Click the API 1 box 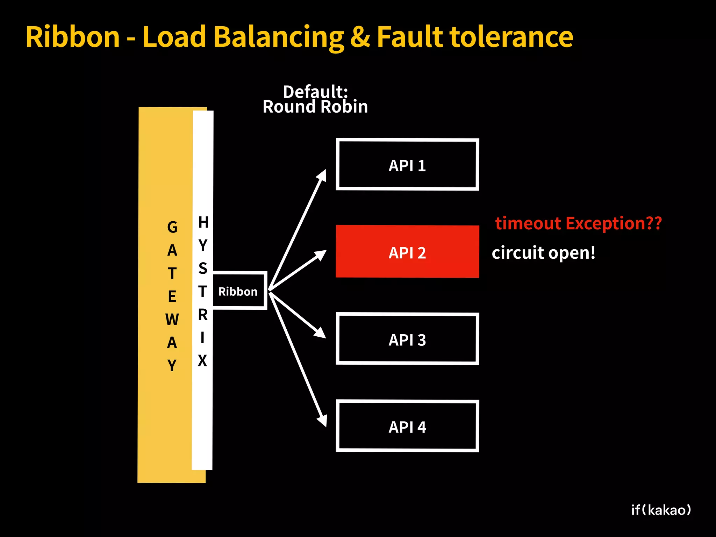coord(407,165)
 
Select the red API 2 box coord(407,252)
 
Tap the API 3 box coord(407,339)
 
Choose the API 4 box coord(407,426)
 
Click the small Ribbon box coord(239,291)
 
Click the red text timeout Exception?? coord(578,223)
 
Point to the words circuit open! coord(543,252)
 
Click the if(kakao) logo coord(661,510)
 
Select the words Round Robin coord(315,107)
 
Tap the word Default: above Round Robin coord(315,91)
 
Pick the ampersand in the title coord(360,37)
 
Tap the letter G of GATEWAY coord(172,227)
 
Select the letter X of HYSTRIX coord(202,360)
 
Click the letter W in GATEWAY coord(172,320)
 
